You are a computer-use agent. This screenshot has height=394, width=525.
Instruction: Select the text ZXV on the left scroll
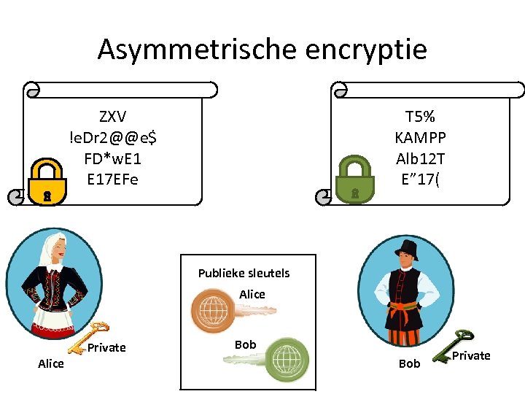[113, 117]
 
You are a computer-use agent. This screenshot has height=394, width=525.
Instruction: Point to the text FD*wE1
[113, 158]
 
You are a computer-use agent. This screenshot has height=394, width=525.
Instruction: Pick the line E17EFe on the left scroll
[113, 179]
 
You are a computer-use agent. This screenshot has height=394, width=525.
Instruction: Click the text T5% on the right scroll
[420, 117]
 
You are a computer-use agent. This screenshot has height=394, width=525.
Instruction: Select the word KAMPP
[420, 137]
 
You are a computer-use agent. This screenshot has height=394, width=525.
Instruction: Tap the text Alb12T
[420, 158]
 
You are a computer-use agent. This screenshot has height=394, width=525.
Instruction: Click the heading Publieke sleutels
[244, 273]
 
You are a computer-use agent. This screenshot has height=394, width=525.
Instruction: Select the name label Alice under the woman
[50, 363]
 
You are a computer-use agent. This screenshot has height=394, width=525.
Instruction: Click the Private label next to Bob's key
[471, 355]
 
